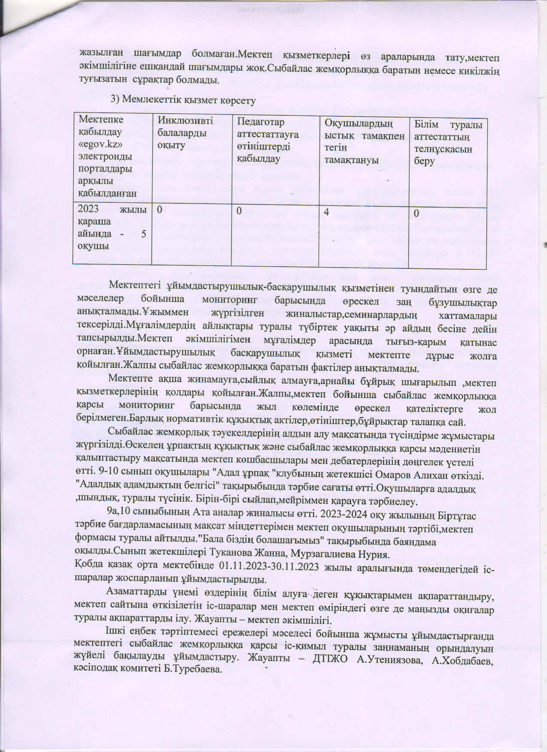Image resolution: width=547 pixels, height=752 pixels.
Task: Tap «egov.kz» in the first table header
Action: click(x=101, y=144)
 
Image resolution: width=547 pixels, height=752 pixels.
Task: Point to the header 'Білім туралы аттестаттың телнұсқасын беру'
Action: click(x=448, y=143)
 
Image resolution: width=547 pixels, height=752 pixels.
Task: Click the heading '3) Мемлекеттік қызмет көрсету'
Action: click(x=183, y=100)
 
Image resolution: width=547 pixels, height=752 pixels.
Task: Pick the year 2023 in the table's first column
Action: click(x=88, y=209)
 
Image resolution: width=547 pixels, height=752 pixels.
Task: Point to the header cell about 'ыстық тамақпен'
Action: click(x=364, y=142)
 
